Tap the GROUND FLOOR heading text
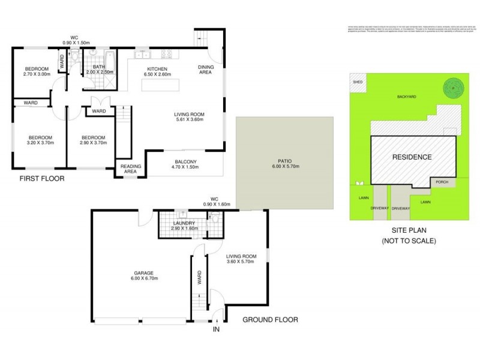[x=270, y=320]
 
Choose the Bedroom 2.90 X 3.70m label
[x=93, y=140]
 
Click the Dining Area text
[x=206, y=70]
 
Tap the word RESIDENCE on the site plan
[x=412, y=157]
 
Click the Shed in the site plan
[x=358, y=82]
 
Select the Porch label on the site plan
[x=442, y=182]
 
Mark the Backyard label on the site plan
[x=406, y=96]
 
